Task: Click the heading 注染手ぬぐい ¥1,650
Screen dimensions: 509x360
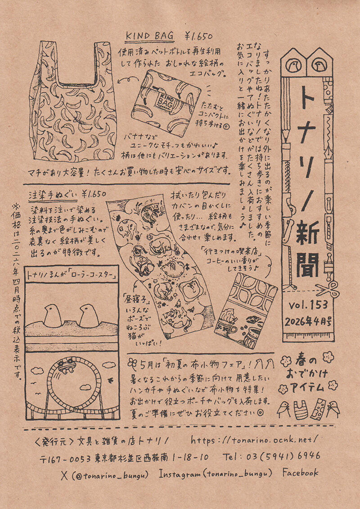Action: tap(67, 195)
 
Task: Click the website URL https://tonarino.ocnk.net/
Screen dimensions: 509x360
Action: tap(255, 438)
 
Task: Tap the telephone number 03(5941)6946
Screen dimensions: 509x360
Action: tap(271, 456)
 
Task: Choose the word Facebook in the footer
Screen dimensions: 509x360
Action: tap(300, 473)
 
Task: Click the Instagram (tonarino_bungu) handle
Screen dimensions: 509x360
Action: tap(216, 473)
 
